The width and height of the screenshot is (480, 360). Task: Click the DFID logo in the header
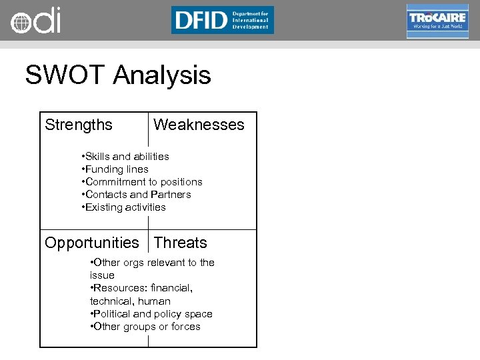(222, 20)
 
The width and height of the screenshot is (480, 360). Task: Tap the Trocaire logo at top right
(437, 21)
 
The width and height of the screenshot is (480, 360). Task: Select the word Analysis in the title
(162, 75)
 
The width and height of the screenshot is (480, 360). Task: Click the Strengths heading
(79, 125)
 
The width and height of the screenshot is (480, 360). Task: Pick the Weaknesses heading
(199, 125)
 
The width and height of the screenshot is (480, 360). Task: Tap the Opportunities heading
(92, 243)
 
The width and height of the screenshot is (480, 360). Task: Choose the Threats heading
(180, 243)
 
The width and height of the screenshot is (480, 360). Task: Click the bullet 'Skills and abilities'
(125, 156)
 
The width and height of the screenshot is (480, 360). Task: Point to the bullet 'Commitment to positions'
(142, 181)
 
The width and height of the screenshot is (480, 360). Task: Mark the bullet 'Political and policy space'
(151, 313)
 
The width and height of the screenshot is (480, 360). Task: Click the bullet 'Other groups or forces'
(145, 326)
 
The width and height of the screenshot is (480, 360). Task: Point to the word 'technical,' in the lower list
(111, 301)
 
